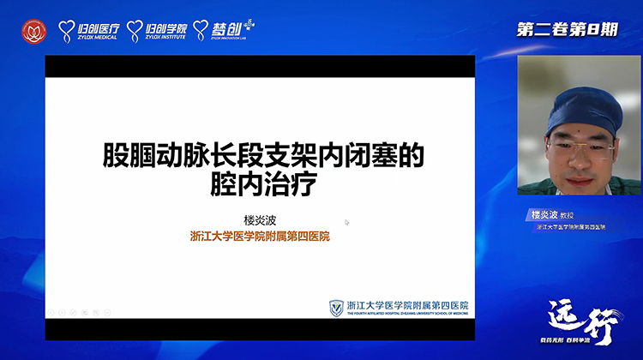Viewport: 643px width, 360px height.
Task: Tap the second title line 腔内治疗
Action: tap(263, 183)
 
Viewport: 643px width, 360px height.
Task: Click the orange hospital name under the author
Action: tap(260, 237)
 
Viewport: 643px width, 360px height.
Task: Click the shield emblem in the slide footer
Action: tap(337, 308)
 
